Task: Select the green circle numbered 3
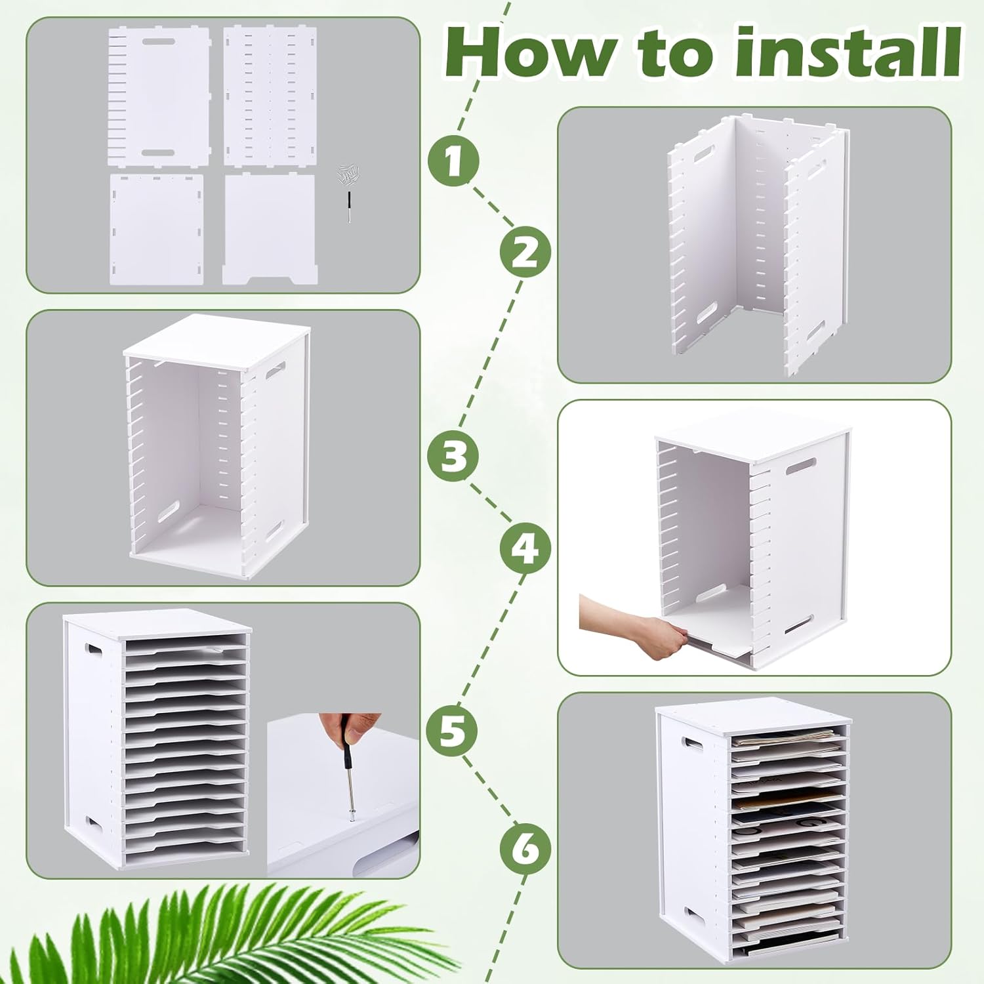click(453, 455)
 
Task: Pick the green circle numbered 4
click(525, 548)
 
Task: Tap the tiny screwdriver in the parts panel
click(349, 207)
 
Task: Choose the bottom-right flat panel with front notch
click(265, 226)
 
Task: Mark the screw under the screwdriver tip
click(352, 817)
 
